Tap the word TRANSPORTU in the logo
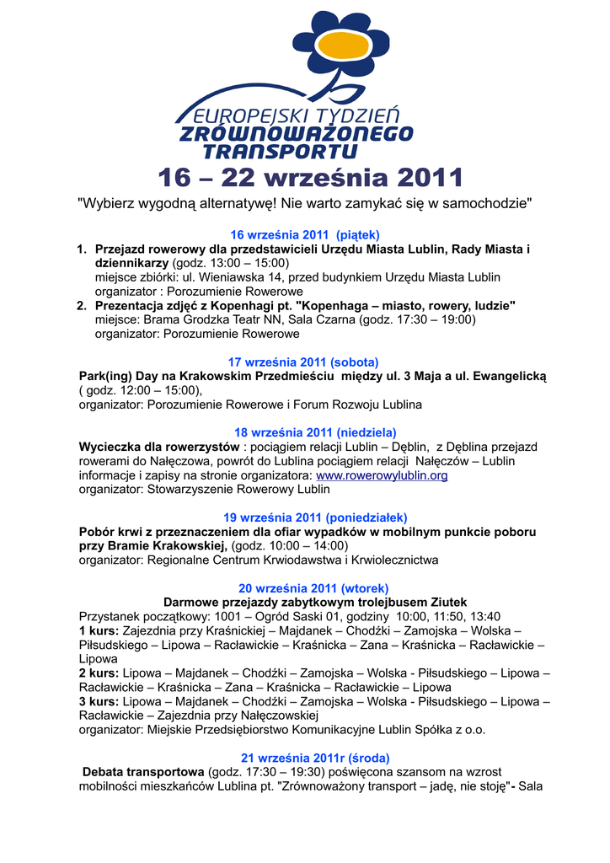(269, 152)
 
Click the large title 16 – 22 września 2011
(311, 178)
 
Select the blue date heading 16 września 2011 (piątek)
(305, 234)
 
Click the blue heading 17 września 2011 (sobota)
(304, 362)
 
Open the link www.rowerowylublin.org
(382, 475)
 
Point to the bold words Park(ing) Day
(118, 376)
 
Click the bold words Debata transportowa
(143, 772)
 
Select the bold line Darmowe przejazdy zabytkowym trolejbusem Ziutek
(314, 603)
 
